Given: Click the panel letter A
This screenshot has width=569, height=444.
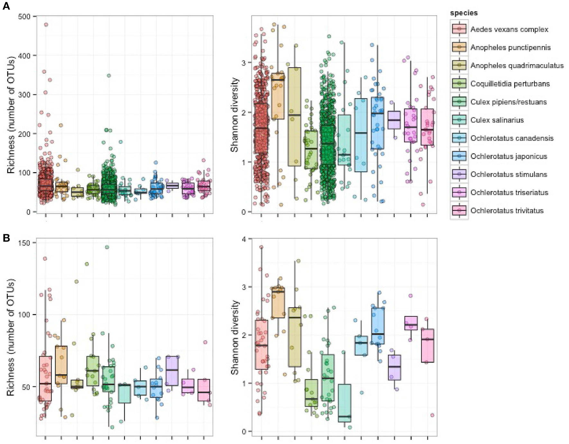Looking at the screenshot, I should pos(6,6).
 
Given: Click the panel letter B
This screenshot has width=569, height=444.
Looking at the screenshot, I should pos(6,238).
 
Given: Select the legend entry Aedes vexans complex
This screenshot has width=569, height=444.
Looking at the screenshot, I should pos(509,29).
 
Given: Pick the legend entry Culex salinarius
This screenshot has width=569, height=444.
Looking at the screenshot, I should pos(497,120).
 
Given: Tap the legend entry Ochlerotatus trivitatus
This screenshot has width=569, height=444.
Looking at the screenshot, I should pos(507,211).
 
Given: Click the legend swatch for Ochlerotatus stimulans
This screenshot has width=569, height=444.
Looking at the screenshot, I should pos(459,174).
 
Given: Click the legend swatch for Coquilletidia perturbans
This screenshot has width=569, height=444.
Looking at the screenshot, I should pos(459,84).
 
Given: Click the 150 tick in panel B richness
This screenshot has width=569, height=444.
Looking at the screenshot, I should pos(29,243).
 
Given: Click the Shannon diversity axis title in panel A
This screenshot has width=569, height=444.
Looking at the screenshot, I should pos(235,115).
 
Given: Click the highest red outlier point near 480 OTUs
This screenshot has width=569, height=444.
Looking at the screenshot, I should pos(46,24).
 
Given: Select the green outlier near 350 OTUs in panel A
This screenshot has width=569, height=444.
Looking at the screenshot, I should pos(109,76).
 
